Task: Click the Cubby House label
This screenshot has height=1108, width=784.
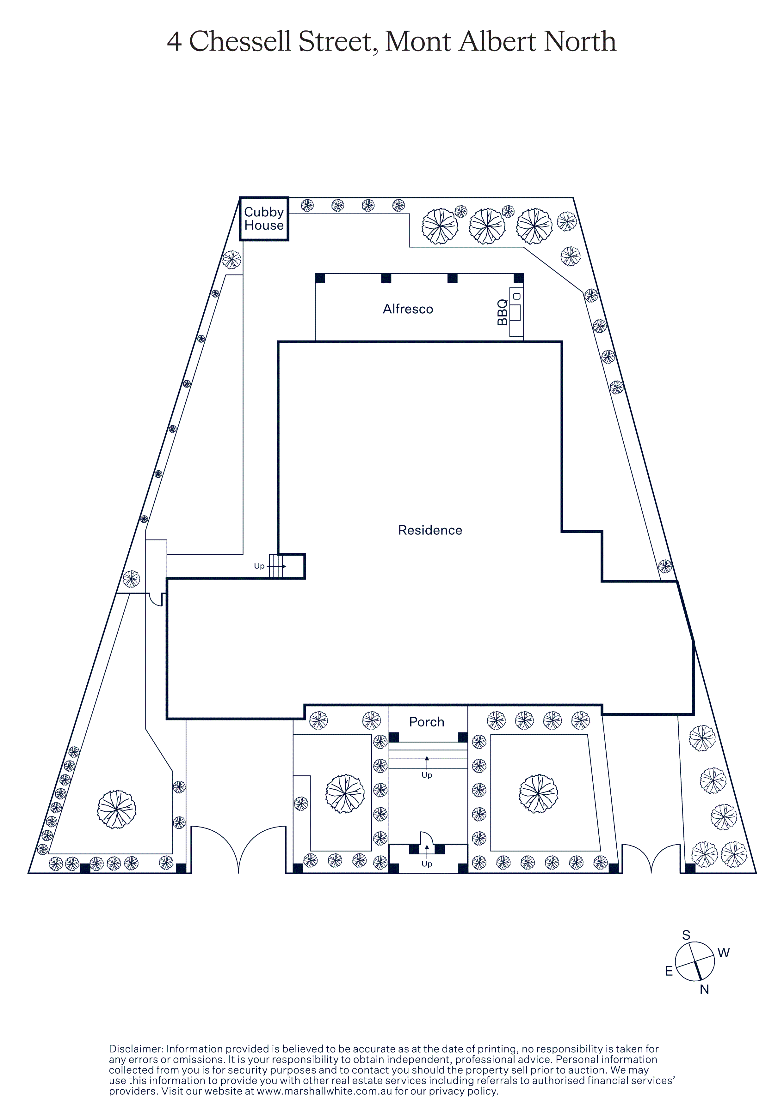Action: pyautogui.click(x=264, y=219)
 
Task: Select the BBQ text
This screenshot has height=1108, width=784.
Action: pyautogui.click(x=503, y=312)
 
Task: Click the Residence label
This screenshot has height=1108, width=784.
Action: pyautogui.click(x=430, y=530)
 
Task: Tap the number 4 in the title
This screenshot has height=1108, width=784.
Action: pyautogui.click(x=174, y=42)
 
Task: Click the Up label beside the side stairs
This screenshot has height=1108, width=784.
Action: pyautogui.click(x=259, y=566)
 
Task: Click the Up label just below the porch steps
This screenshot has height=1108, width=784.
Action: pyautogui.click(x=427, y=775)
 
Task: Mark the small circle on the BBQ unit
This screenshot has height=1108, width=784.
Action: pyautogui.click(x=517, y=296)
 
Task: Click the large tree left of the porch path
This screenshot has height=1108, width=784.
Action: pyautogui.click(x=345, y=794)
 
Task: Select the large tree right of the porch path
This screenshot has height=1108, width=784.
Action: pyautogui.click(x=538, y=794)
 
